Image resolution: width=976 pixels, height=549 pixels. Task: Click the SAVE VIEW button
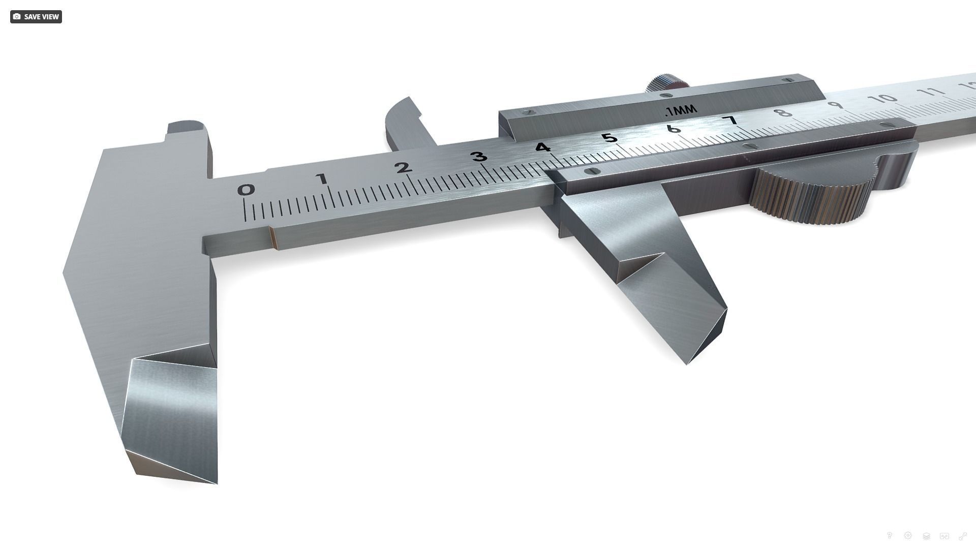tap(36, 17)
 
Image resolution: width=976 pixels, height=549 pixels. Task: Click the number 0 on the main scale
tap(246, 190)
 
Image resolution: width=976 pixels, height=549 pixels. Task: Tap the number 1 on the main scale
tap(321, 178)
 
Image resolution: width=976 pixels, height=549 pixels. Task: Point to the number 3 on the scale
tap(479, 156)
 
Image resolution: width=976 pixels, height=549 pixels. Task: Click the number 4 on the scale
tap(542, 147)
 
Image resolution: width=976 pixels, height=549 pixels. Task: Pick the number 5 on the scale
tap(608, 137)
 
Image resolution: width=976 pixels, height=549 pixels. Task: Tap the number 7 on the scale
tap(731, 120)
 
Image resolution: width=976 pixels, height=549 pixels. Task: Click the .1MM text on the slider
tap(681, 111)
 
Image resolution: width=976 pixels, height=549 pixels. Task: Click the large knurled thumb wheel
tap(813, 196)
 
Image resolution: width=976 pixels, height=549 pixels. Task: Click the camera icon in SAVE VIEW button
tap(17, 17)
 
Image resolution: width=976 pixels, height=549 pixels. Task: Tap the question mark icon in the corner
tap(889, 535)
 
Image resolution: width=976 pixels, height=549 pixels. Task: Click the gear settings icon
tap(907, 535)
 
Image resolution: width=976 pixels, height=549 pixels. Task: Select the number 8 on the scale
tap(785, 112)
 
